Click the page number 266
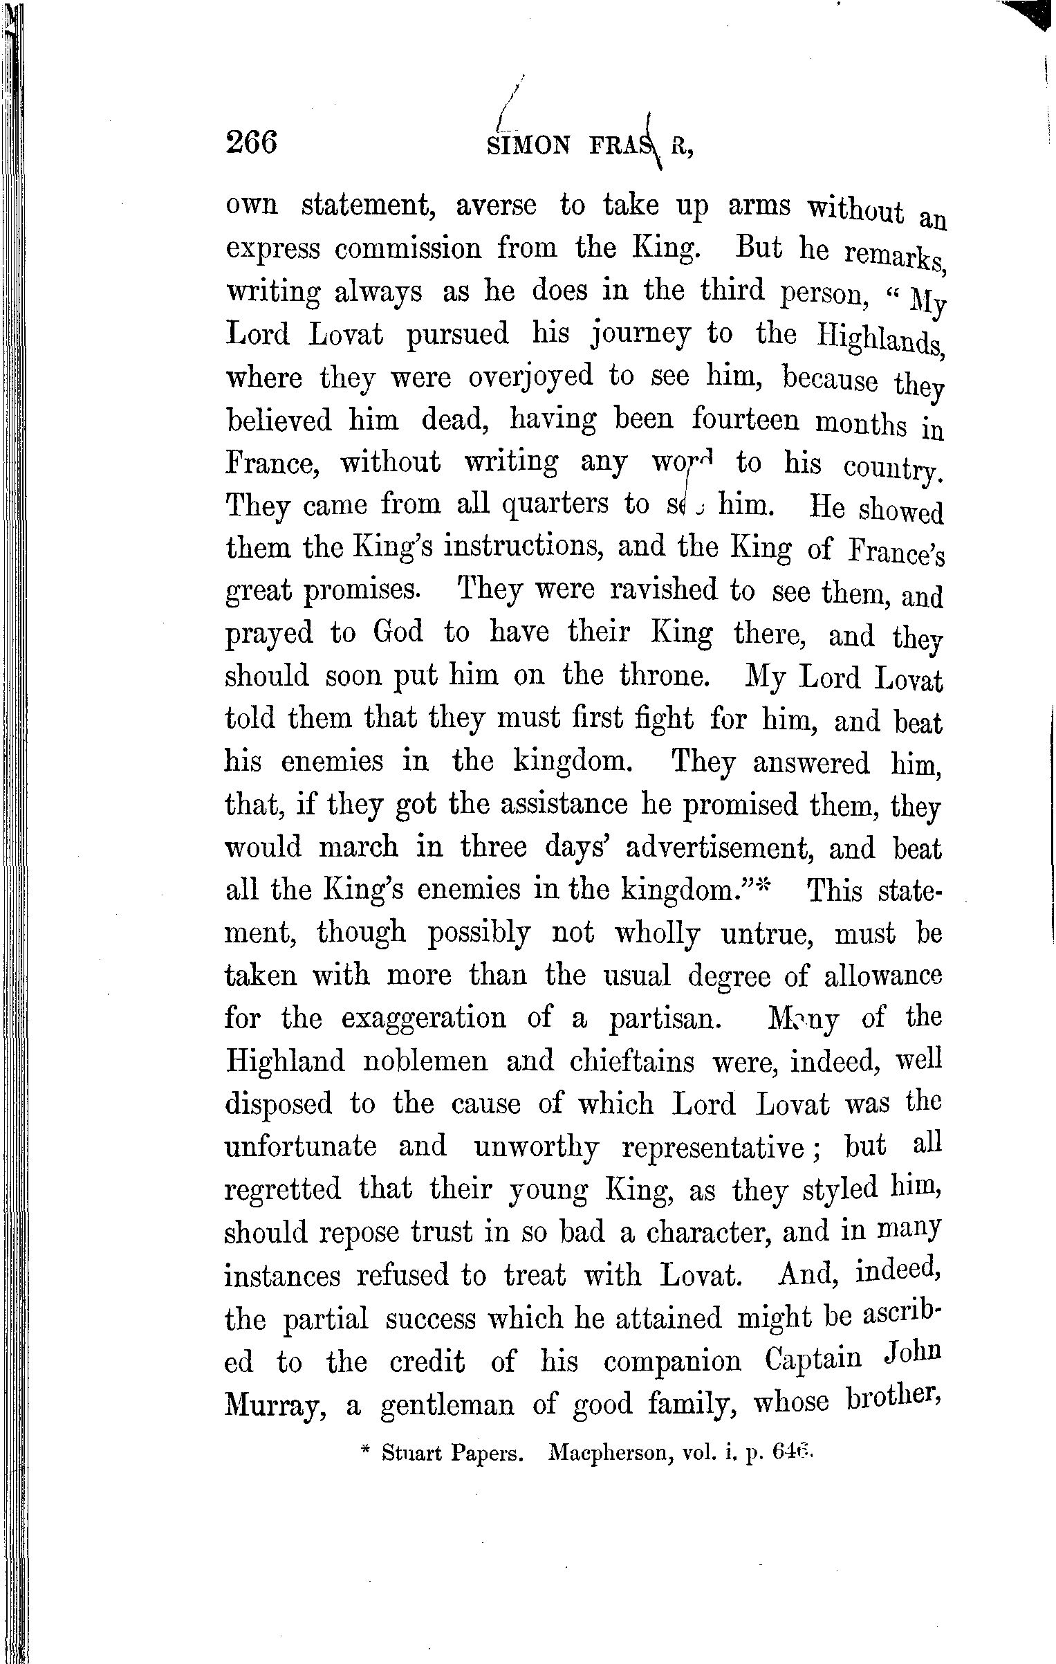tap(251, 143)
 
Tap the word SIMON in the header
tap(530, 145)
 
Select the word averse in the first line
tap(496, 206)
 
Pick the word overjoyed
tap(531, 378)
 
